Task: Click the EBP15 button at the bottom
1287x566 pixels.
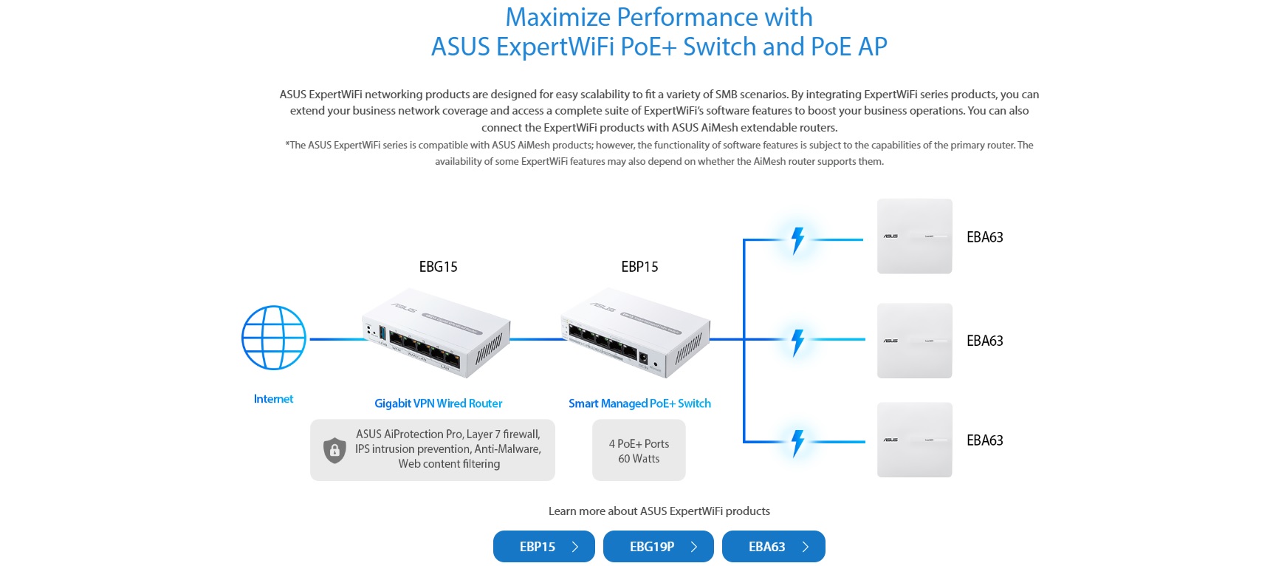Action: pyautogui.click(x=543, y=547)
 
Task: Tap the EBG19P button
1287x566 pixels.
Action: pyautogui.click(x=658, y=547)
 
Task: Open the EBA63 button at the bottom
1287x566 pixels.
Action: pyautogui.click(x=773, y=547)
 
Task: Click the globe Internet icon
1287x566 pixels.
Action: pyautogui.click(x=274, y=338)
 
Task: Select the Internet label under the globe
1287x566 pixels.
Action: pyautogui.click(x=273, y=399)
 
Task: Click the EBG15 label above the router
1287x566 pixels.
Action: pyautogui.click(x=438, y=267)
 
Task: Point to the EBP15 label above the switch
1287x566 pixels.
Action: pyautogui.click(x=639, y=267)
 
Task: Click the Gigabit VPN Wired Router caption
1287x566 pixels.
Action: pyautogui.click(x=438, y=403)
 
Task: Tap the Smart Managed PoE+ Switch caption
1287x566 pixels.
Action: pyautogui.click(x=639, y=403)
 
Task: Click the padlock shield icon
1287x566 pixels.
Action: pyautogui.click(x=334, y=449)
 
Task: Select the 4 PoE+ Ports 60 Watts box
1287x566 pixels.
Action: pyautogui.click(x=639, y=451)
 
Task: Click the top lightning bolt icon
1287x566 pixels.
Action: pyautogui.click(x=797, y=240)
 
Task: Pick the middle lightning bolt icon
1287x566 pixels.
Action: pyautogui.click(x=797, y=342)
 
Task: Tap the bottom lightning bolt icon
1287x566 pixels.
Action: pyautogui.click(x=797, y=443)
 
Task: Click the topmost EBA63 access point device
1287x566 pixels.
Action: pyautogui.click(x=914, y=236)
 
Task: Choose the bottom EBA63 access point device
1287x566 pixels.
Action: pyautogui.click(x=914, y=440)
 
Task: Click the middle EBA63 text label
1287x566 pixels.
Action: pyautogui.click(x=984, y=341)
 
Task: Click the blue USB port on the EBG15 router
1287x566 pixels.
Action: pyautogui.click(x=382, y=333)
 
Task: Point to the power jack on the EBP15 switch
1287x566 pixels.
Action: pyautogui.click(x=642, y=360)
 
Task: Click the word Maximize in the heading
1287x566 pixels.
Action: pyautogui.click(x=557, y=17)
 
